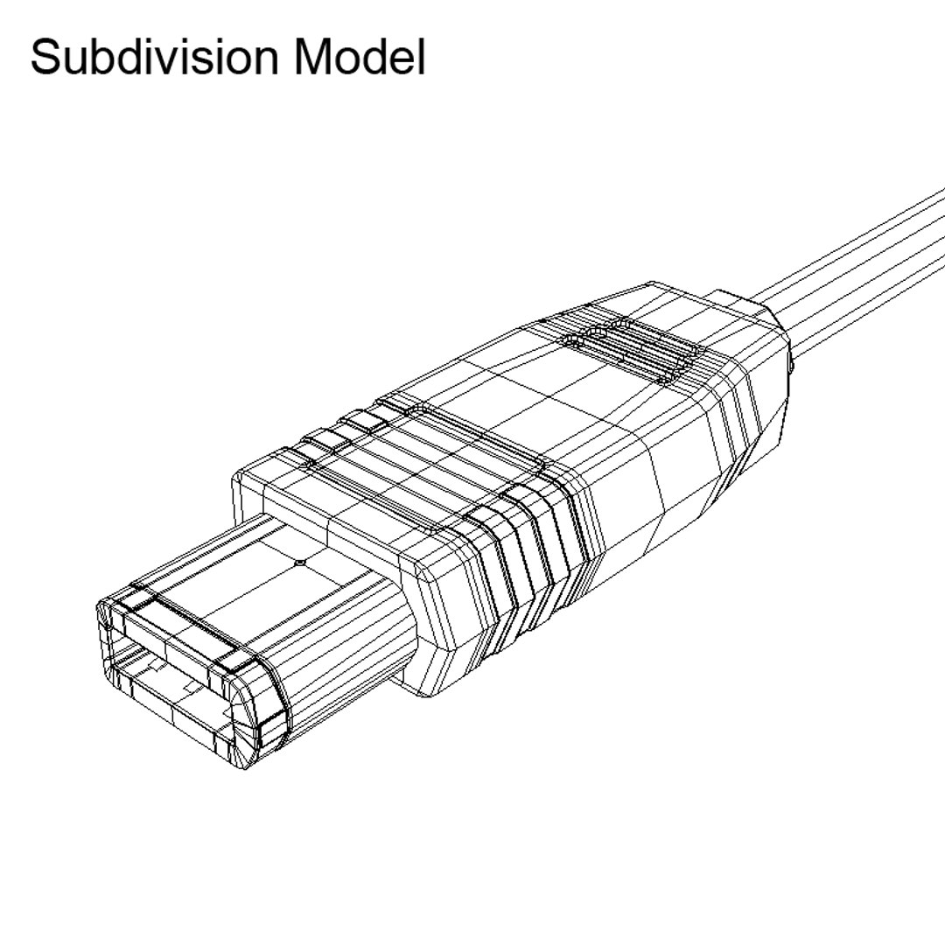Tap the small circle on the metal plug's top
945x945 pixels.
coord(299,563)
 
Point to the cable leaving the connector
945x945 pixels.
coord(857,262)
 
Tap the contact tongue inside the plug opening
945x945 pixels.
coord(175,700)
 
